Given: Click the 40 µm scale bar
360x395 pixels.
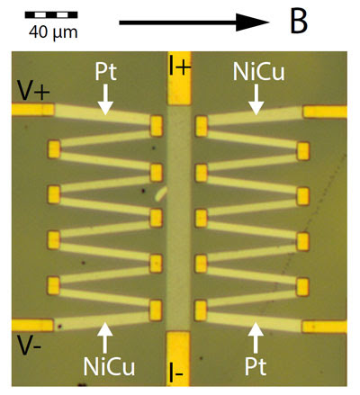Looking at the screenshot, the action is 51,14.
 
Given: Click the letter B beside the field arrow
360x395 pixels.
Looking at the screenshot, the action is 299,22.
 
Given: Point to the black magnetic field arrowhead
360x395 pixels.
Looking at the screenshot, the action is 252,22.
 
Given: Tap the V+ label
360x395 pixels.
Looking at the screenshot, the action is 33,90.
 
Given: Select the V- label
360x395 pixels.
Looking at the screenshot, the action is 29,345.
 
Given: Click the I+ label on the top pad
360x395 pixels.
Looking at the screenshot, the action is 179,65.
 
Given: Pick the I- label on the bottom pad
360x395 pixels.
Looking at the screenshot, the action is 176,373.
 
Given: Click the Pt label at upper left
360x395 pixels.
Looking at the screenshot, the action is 105,72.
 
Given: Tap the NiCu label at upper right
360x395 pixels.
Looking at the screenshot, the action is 258,72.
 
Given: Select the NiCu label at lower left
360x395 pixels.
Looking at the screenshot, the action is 109,366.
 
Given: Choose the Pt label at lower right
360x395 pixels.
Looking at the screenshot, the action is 256,366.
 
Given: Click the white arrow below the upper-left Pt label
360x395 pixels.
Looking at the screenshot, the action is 105,99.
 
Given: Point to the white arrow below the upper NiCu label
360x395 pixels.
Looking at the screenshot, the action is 256,99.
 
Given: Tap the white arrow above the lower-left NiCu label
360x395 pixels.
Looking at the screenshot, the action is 105,337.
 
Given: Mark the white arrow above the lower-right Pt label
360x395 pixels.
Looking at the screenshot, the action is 256,337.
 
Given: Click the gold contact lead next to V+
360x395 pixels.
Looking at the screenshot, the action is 33,110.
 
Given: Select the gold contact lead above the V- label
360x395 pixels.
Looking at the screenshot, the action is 32,325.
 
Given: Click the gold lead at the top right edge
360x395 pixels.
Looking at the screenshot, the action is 325,112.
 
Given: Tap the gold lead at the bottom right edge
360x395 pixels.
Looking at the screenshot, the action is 325,327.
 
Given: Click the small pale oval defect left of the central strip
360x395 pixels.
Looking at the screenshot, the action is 161,193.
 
